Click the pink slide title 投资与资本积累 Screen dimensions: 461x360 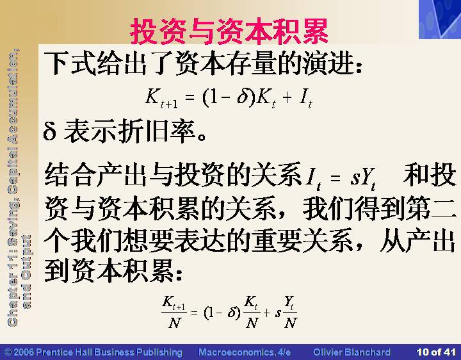pyautogui.click(x=229, y=31)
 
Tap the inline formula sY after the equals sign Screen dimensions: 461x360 pyautogui.click(x=362, y=177)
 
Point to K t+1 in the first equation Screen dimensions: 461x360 pyautogui.click(x=161, y=98)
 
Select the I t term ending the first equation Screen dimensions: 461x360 pyautogui.click(x=306, y=98)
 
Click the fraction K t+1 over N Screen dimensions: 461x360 pyautogui.click(x=174, y=312)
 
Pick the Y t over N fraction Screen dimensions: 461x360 pyautogui.click(x=290, y=312)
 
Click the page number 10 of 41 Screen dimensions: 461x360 pyautogui.click(x=436, y=352)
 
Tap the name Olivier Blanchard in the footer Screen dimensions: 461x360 pyautogui.click(x=352, y=352)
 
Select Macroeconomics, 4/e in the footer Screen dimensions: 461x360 pyautogui.click(x=245, y=352)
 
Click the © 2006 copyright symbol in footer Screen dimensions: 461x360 pyautogui.click(x=8, y=352)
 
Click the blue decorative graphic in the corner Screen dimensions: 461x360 pyautogui.click(x=440, y=19)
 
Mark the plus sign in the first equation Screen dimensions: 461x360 pyautogui.click(x=287, y=97)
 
